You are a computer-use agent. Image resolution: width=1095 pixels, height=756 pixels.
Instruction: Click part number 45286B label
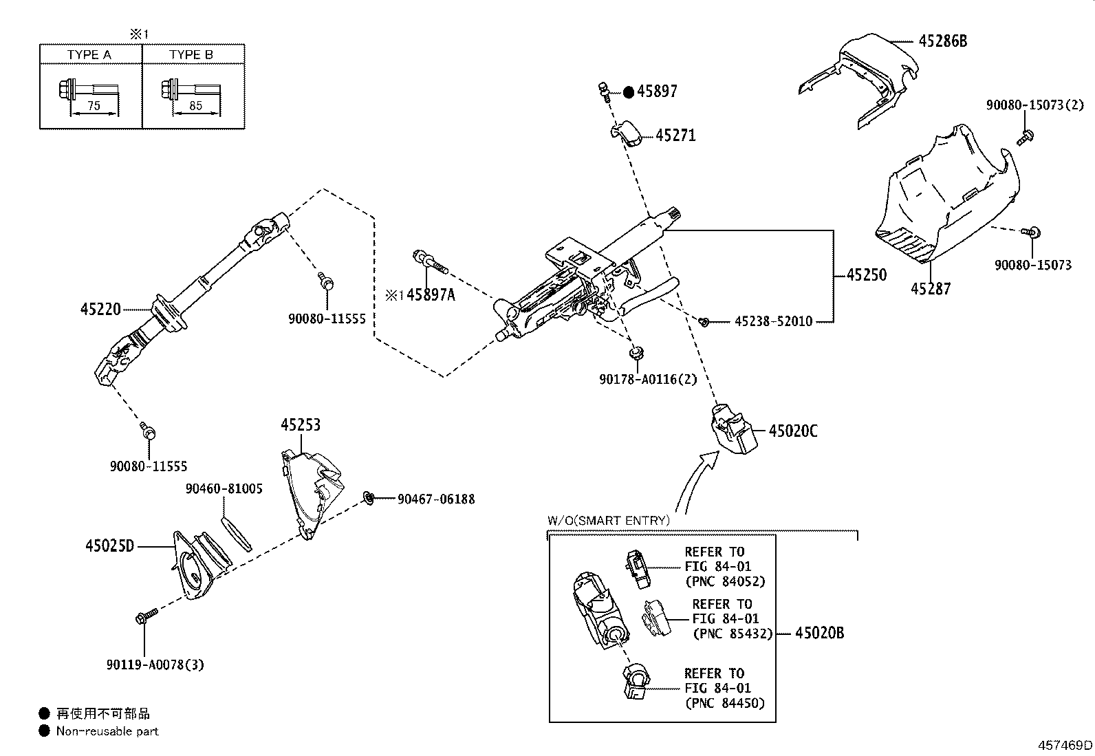pos(942,41)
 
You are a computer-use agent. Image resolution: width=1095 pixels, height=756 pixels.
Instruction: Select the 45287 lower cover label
pos(930,289)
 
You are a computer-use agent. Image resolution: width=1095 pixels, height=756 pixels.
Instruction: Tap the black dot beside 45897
pos(628,91)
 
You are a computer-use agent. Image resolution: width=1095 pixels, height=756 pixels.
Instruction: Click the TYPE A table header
pos(89,54)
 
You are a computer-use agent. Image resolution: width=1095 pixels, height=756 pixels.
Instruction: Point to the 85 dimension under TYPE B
pos(195,106)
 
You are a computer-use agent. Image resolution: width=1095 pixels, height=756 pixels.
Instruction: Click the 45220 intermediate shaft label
pos(100,310)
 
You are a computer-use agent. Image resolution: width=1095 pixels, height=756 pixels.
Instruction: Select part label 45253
pos(300,425)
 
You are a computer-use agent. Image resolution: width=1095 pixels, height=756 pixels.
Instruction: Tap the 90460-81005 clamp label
pos(224,489)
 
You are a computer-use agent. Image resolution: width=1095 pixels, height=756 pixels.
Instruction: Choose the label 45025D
pos(109,546)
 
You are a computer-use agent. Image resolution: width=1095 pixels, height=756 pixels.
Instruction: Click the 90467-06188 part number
pos(435,499)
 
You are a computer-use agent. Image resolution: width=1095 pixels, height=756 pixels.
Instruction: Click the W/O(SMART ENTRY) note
pos(608,521)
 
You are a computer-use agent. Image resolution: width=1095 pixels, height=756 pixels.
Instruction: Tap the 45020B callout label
pos(819,633)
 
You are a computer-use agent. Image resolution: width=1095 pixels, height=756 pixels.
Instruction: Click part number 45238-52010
pos(773,321)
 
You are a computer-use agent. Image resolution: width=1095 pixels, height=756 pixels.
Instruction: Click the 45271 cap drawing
pos(626,133)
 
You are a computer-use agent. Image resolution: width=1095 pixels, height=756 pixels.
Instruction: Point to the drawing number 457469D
pos(1065,745)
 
